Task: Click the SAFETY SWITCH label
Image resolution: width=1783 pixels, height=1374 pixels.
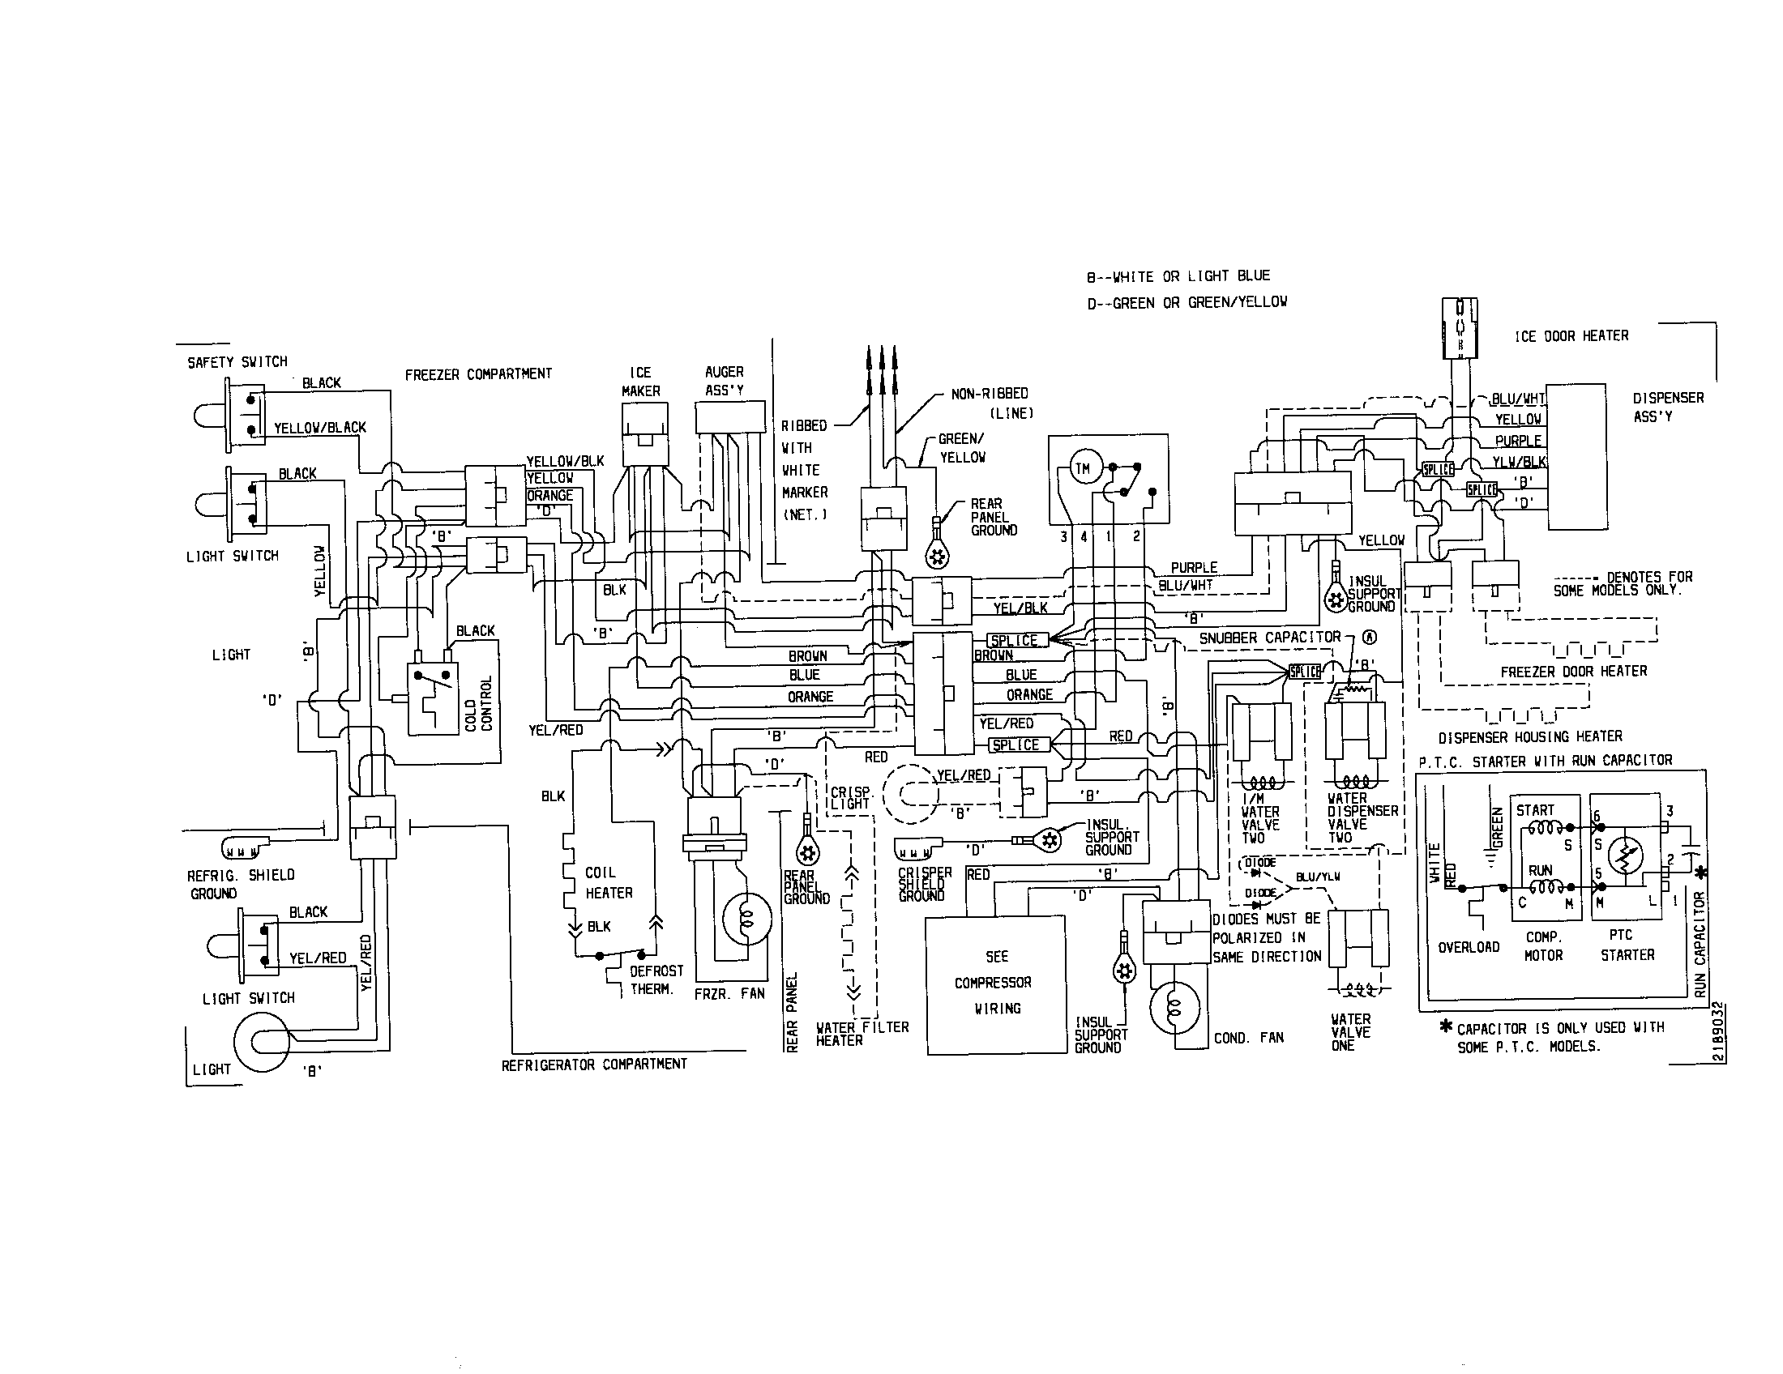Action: (237, 362)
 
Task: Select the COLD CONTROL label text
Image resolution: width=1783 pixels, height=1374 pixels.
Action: (478, 703)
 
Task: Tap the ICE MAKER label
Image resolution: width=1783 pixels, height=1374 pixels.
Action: (640, 382)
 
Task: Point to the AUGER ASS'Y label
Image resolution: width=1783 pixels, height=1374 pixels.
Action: (724, 381)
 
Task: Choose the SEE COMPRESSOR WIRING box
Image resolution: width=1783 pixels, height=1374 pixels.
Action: (995, 984)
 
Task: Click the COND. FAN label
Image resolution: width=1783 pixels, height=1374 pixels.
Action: (1248, 1038)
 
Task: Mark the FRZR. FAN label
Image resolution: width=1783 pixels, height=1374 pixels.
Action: (729, 994)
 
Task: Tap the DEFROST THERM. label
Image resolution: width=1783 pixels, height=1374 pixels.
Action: (656, 980)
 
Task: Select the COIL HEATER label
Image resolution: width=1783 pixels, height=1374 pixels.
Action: (608, 883)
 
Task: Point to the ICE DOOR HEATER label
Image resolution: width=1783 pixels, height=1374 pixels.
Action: (1571, 336)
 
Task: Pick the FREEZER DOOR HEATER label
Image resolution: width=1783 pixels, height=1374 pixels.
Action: (1573, 671)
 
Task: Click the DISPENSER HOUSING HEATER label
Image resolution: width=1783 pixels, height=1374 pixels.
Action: (1530, 736)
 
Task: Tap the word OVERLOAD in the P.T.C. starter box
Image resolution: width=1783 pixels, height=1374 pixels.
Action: (1469, 947)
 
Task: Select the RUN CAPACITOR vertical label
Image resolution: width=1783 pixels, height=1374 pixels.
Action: (1700, 944)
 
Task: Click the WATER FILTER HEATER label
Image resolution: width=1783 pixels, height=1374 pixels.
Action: (862, 1034)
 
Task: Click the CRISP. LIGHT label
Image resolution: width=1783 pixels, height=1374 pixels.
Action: (852, 798)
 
